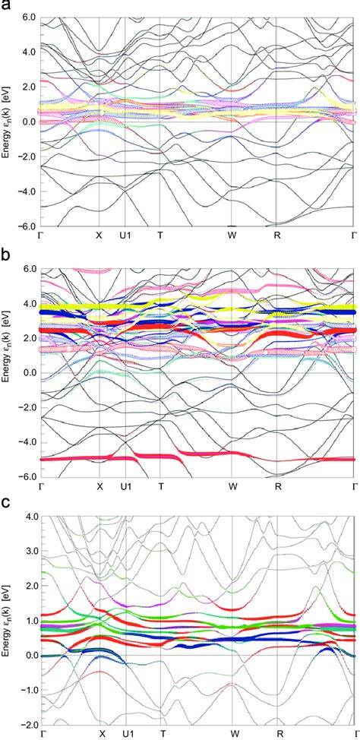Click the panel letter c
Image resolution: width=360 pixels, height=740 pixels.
click(x=7, y=504)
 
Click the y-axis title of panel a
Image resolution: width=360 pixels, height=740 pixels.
click(x=7, y=122)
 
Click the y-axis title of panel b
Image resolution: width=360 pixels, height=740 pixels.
click(x=7, y=372)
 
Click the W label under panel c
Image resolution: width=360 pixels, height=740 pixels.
click(x=235, y=734)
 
